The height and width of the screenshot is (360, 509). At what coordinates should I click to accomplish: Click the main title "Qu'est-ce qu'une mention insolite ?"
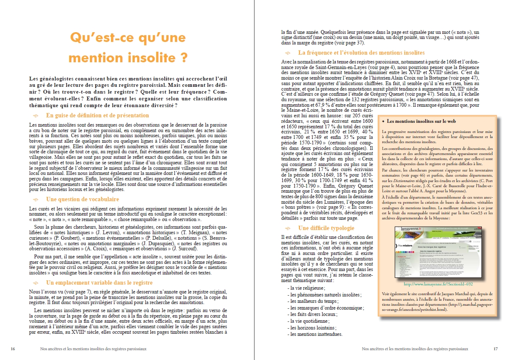[x=128, y=47]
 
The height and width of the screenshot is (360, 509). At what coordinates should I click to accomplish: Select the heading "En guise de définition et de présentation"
[x=97, y=115]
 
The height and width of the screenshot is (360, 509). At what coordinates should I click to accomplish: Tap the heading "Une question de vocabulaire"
[x=82, y=199]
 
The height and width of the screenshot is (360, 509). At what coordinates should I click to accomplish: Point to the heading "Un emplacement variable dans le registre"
[x=99, y=282]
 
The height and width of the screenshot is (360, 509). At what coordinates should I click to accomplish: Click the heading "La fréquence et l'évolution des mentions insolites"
[x=361, y=53]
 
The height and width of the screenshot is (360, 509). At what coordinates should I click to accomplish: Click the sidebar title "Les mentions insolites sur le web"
[x=421, y=121]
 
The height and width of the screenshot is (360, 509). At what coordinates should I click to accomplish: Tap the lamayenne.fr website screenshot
[x=436, y=252]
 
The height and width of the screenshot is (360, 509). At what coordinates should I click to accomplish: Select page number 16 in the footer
[x=13, y=349]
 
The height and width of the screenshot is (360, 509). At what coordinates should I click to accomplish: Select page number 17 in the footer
[x=495, y=349]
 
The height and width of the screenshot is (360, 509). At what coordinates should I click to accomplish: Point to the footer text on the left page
[x=91, y=349]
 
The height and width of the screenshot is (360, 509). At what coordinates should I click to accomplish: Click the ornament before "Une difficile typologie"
[x=288, y=228]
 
